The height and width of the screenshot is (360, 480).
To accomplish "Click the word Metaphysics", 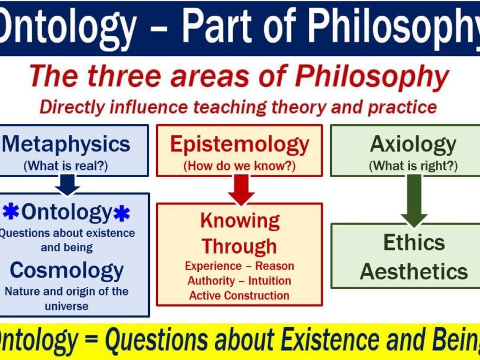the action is (66, 144).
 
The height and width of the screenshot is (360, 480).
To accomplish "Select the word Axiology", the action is (413, 145).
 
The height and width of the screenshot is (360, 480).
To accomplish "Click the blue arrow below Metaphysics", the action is (67, 185).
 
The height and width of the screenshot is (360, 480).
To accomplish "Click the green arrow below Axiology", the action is (414, 201).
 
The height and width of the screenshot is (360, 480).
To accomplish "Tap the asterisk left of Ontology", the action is (11, 212).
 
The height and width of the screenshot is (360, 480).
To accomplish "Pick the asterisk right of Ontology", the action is (121, 214).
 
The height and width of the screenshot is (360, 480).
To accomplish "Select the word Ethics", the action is (414, 242).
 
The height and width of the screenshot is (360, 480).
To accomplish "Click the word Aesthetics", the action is (414, 271).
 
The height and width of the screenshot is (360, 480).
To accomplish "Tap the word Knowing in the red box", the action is (240, 221).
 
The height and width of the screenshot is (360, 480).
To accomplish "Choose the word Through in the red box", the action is (239, 247).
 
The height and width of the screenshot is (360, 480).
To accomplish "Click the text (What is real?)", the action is (66, 166).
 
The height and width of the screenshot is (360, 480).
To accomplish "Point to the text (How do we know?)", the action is (240, 166).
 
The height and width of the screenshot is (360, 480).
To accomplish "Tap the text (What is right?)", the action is (413, 166).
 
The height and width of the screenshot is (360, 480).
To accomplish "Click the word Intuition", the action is (270, 281).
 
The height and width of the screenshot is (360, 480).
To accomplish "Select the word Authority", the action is (211, 281).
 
